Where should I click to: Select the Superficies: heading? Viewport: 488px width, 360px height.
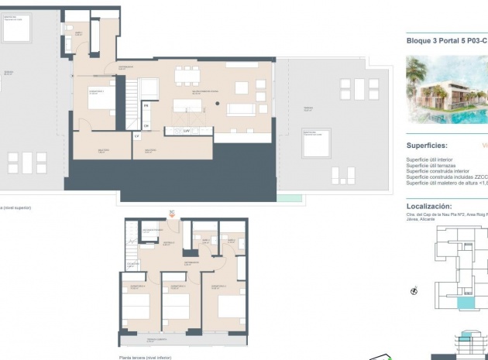(427, 145)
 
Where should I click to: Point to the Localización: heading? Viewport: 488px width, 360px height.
(429, 207)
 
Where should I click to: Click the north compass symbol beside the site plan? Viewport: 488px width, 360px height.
(414, 292)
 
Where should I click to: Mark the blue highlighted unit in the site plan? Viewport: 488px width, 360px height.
(464, 304)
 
